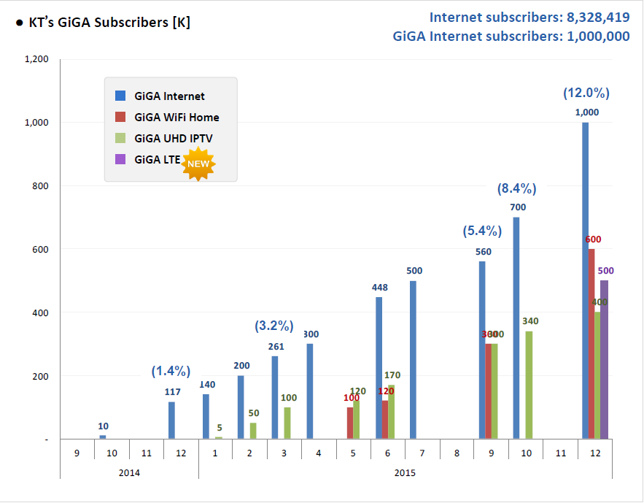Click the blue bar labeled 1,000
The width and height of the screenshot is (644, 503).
(x=585, y=280)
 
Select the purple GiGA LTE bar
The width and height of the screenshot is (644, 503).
(x=603, y=359)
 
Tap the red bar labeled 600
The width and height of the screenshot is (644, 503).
(x=591, y=343)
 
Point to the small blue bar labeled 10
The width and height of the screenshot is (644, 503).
(x=103, y=437)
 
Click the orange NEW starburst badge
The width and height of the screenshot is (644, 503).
(x=199, y=163)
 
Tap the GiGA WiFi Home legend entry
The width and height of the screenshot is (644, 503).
(x=176, y=117)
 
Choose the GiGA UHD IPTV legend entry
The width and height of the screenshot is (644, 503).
(x=173, y=138)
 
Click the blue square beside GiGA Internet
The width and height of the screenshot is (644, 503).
(x=121, y=96)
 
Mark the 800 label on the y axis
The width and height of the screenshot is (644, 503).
(x=41, y=186)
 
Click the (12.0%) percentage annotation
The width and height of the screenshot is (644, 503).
(x=586, y=93)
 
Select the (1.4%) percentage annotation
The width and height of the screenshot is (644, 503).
(x=171, y=371)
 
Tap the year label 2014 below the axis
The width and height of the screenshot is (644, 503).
(x=129, y=472)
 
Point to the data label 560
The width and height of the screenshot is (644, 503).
(x=483, y=252)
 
